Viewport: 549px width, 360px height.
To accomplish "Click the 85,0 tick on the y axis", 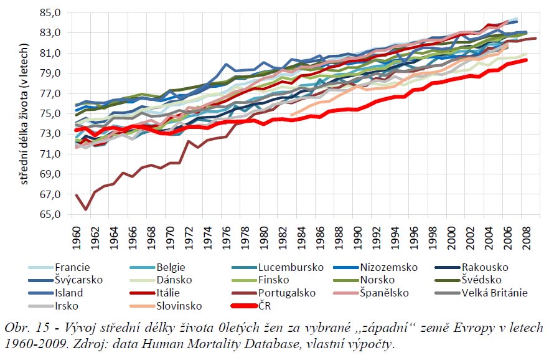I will [x=51, y=12].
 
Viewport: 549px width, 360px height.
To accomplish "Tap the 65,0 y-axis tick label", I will [x=51, y=214].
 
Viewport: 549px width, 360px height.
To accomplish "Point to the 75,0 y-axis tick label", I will [x=51, y=113].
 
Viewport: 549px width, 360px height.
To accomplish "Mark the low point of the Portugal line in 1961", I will [x=86, y=209].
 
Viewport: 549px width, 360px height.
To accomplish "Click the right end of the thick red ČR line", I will [x=527, y=60].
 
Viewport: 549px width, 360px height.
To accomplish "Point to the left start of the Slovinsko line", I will [x=291, y=115].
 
